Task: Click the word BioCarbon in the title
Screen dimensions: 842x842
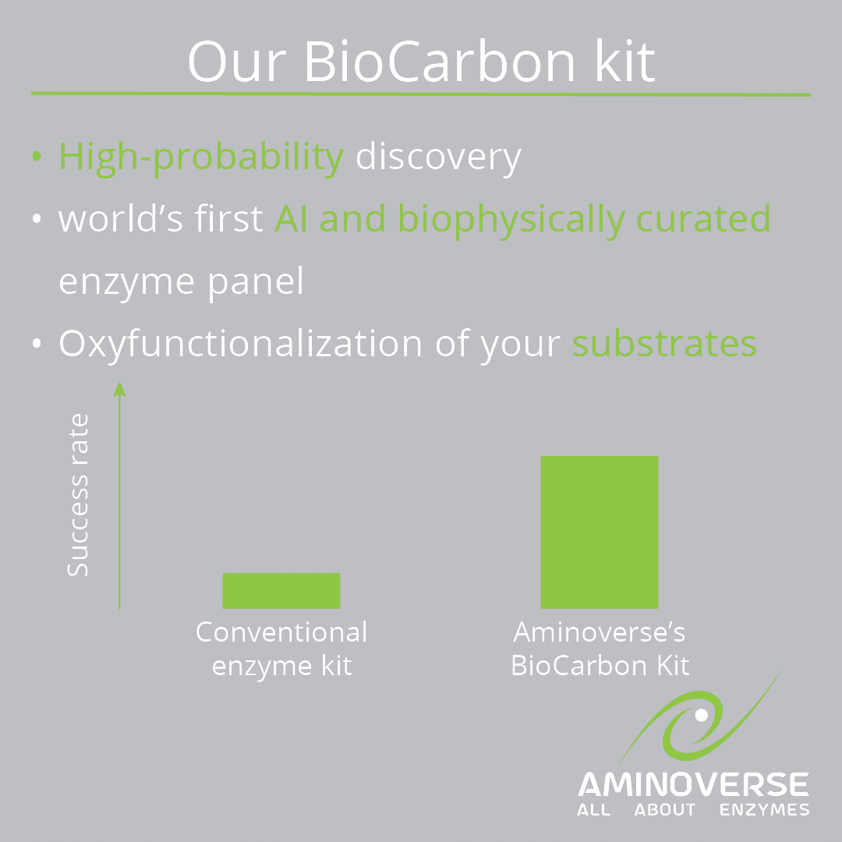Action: coord(439,62)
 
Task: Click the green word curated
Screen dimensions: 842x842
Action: coord(703,218)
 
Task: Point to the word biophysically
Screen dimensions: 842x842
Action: coord(511,221)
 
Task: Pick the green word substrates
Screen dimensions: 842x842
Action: coord(664,344)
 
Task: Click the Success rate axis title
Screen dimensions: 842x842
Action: coord(78,495)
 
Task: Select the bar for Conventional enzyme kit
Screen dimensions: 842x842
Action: coord(281,591)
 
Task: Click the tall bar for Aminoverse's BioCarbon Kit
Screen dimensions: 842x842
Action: coord(600,532)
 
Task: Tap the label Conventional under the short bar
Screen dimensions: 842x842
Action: coord(281,632)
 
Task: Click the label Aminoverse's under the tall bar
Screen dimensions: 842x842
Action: coord(600,632)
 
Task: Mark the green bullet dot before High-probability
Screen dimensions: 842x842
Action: coord(37,156)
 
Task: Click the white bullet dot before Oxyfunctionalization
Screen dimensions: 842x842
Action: coord(37,343)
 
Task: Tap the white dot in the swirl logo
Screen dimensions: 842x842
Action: coord(702,715)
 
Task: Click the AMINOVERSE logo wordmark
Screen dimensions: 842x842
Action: coord(693,784)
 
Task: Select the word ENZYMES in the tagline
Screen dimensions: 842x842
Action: coord(764,810)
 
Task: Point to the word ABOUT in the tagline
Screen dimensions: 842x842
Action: coord(665,810)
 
